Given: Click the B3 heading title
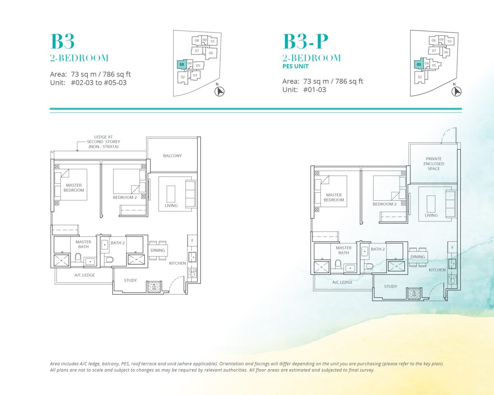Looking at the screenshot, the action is pyautogui.click(x=62, y=41).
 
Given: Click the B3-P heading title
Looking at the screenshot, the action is pyautogui.click(x=306, y=41).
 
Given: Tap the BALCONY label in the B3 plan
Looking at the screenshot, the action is pyautogui.click(x=172, y=156).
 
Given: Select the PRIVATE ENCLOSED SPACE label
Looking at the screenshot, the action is pyautogui.click(x=434, y=163).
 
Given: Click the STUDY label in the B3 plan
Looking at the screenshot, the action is pyautogui.click(x=130, y=280).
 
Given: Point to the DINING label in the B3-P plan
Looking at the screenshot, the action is pyautogui.click(x=418, y=257).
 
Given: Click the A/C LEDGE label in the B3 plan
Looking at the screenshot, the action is pyautogui.click(x=84, y=275).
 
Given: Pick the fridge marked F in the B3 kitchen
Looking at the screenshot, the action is pyautogui.click(x=192, y=241).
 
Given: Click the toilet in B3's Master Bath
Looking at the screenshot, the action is pyautogui.click(x=78, y=258).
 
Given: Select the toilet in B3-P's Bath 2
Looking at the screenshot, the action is pyautogui.click(x=369, y=267).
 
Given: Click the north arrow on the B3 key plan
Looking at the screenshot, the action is pyautogui.click(x=219, y=91).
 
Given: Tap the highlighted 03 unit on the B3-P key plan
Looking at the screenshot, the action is pyautogui.click(x=419, y=64).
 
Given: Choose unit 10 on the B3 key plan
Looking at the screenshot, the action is pyautogui.click(x=212, y=41).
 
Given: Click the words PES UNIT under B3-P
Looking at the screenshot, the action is pyautogui.click(x=295, y=66).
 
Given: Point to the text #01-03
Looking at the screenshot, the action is pyautogui.click(x=315, y=90).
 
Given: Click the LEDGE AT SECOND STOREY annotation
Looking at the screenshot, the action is pyautogui.click(x=103, y=142).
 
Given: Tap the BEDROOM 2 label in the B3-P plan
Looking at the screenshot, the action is pyautogui.click(x=384, y=204).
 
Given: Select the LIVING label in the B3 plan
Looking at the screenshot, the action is pyautogui.click(x=171, y=206).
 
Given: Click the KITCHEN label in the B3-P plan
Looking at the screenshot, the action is pyautogui.click(x=437, y=270).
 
